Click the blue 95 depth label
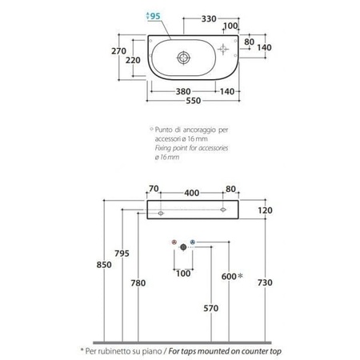point(155,16)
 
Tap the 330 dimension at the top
point(209,19)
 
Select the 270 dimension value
point(118,51)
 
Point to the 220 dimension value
point(133,60)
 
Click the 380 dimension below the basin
point(183,91)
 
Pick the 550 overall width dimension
point(194,101)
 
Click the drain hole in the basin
point(184,58)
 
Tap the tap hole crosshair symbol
point(223,50)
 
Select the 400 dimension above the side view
point(191,193)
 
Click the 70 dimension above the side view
point(154,189)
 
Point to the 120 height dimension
point(265,210)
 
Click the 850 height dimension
point(104,265)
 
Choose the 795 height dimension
point(122,254)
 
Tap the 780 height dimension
point(138,283)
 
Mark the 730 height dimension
point(265,282)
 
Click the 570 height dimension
point(211,308)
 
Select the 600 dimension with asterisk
point(232,277)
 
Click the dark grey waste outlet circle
point(183,247)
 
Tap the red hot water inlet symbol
point(174,242)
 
